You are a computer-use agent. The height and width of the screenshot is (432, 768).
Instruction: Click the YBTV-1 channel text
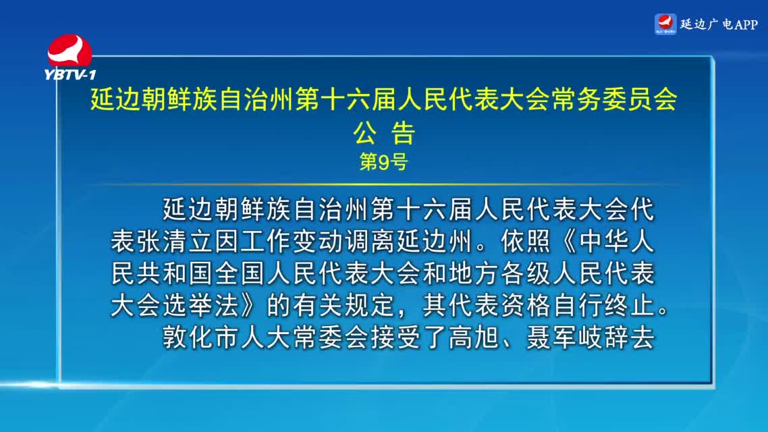(x=70, y=74)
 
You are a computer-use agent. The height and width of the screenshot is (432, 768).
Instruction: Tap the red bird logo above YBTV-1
(x=69, y=51)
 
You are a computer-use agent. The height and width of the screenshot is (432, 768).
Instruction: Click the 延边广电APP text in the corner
(x=719, y=24)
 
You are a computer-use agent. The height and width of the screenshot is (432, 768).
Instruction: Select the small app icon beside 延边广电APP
(x=665, y=24)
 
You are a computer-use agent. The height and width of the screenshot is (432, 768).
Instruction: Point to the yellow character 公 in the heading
(x=365, y=133)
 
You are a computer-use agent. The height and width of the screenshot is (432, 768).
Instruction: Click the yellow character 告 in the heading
(x=403, y=133)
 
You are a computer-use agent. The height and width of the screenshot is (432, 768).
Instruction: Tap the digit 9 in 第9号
(x=383, y=161)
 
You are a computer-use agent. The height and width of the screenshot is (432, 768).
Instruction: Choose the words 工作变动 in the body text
(x=292, y=241)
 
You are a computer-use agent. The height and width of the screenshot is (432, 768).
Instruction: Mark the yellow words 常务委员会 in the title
(x=615, y=99)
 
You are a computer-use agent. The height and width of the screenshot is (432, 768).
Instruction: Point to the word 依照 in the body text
(x=526, y=241)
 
